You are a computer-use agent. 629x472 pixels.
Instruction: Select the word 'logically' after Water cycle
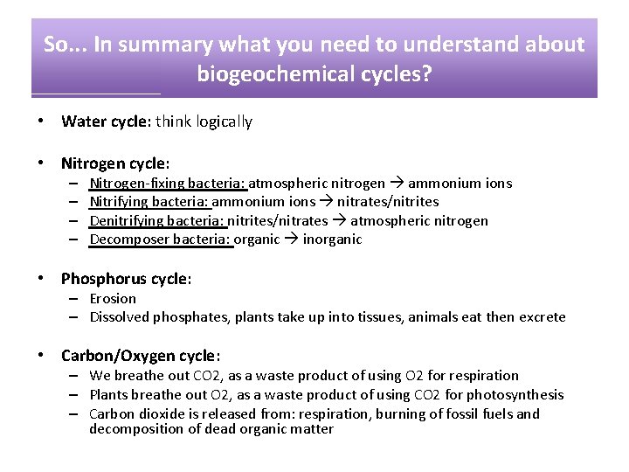[x=223, y=121]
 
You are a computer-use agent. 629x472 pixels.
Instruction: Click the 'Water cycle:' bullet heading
[x=107, y=121]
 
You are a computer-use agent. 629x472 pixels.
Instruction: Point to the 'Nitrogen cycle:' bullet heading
[x=114, y=163]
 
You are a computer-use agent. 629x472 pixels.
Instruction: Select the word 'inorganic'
[x=332, y=239]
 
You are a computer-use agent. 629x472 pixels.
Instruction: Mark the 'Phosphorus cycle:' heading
[x=126, y=279]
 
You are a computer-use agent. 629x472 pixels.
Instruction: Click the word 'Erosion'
[x=113, y=299]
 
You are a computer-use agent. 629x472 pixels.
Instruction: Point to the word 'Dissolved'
[x=120, y=317]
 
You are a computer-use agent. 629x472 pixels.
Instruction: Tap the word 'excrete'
[x=543, y=317]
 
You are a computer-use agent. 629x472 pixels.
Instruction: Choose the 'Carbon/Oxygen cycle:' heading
[x=140, y=356]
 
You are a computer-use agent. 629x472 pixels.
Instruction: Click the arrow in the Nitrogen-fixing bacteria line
[x=396, y=184]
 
